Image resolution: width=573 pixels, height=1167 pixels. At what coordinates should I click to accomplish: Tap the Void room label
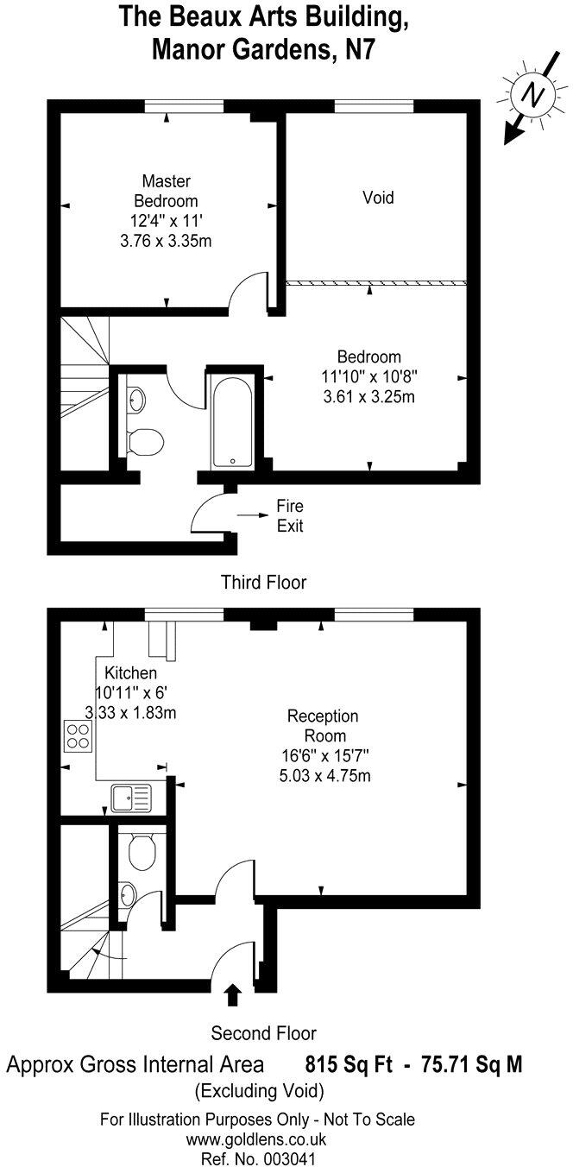(378, 198)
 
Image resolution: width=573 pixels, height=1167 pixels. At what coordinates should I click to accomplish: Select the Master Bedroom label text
(166, 191)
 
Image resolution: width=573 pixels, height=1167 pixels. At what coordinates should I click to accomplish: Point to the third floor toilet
(143, 442)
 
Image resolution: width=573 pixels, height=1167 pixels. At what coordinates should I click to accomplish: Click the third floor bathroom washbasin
(135, 399)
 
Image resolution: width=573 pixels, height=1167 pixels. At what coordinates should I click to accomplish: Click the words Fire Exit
(290, 515)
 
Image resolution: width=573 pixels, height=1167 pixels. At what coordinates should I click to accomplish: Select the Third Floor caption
(263, 582)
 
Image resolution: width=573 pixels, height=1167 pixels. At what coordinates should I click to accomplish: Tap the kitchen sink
(130, 797)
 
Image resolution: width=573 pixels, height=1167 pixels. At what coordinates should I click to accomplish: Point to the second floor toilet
(141, 852)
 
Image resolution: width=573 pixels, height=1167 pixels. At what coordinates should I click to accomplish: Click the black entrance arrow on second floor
(231, 994)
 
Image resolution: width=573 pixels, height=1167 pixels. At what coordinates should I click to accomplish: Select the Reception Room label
(323, 726)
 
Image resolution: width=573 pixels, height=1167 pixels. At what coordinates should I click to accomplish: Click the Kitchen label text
(131, 672)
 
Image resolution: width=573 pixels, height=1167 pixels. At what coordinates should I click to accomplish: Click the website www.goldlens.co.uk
(258, 1139)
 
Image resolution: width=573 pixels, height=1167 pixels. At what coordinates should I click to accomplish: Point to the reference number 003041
(258, 1158)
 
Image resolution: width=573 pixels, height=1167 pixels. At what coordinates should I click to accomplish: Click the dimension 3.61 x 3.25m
(369, 397)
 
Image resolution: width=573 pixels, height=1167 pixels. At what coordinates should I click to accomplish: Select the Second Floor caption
(263, 1032)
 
